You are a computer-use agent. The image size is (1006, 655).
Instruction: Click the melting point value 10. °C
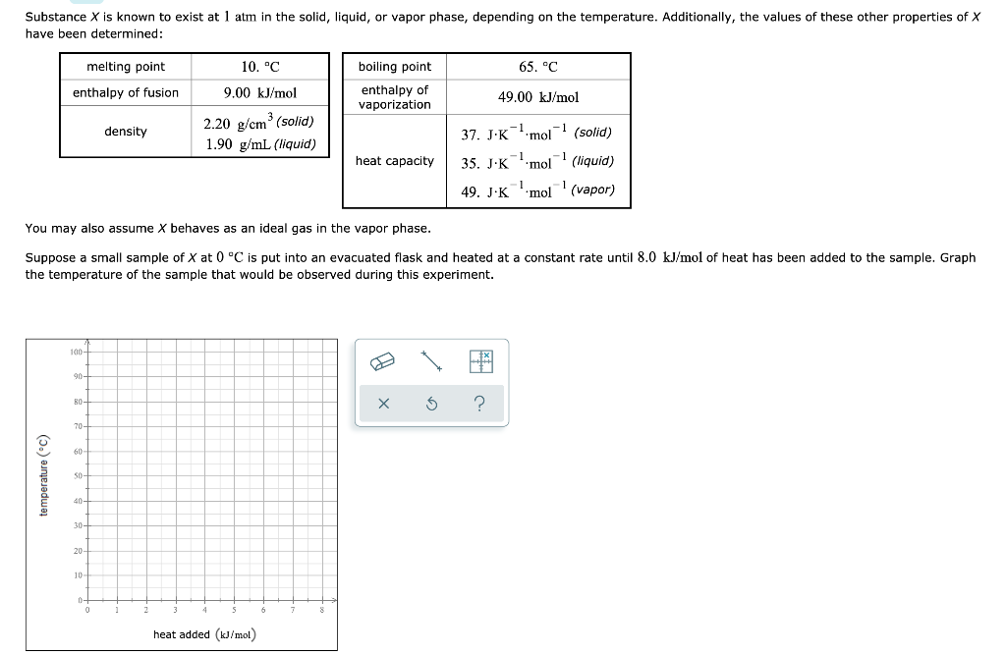(x=259, y=67)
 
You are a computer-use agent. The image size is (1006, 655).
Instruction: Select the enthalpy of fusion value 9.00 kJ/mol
(x=259, y=93)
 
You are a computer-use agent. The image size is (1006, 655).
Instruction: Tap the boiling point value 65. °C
(x=537, y=67)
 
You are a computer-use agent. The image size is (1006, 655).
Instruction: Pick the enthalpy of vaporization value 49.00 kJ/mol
(x=537, y=97)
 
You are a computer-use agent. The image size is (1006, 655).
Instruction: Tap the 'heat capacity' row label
(x=394, y=161)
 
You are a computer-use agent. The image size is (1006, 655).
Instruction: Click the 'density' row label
(x=126, y=132)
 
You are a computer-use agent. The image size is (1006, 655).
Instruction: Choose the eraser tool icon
(x=381, y=361)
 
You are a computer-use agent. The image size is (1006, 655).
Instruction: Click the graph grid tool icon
(x=480, y=361)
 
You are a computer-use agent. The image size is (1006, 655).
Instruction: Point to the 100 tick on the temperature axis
(x=76, y=352)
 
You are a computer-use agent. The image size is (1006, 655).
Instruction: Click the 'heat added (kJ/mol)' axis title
(x=204, y=635)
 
